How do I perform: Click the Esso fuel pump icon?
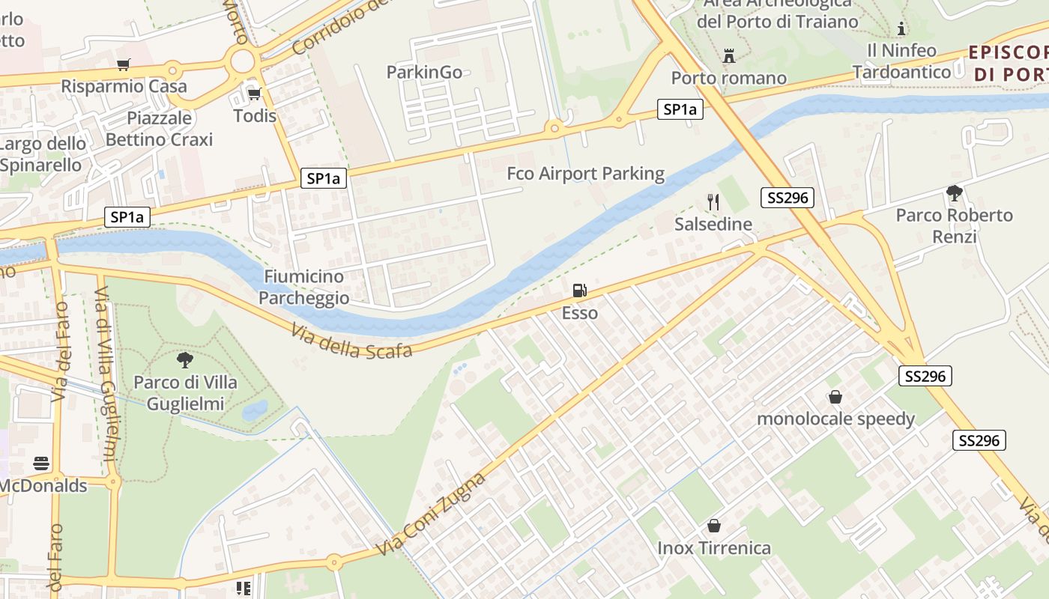(x=578, y=291)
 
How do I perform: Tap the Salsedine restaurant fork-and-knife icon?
(x=713, y=201)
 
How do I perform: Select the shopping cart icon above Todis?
(x=254, y=93)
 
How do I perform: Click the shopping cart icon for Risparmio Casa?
(x=124, y=64)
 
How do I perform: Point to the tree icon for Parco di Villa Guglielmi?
(x=184, y=360)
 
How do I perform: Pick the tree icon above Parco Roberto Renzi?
(x=954, y=193)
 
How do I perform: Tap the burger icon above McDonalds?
(x=41, y=463)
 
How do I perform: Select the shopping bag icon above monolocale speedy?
(x=835, y=397)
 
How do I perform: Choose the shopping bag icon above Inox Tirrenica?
(x=714, y=526)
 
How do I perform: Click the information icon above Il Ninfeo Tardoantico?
(x=901, y=29)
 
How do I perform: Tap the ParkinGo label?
(x=424, y=72)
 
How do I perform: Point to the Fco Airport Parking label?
(x=585, y=174)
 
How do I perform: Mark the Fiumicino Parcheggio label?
(x=304, y=288)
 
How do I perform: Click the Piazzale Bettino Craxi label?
(x=159, y=129)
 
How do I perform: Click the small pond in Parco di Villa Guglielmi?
(x=255, y=410)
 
